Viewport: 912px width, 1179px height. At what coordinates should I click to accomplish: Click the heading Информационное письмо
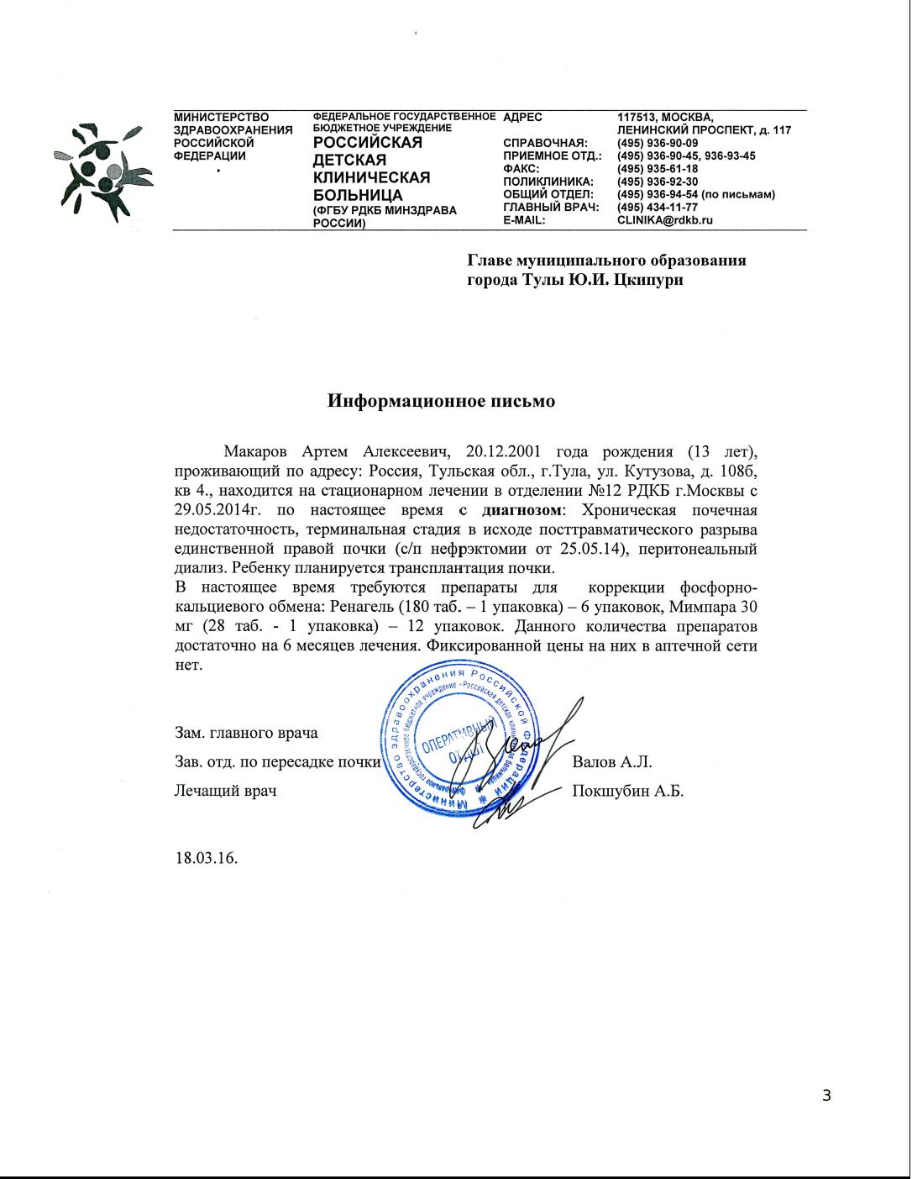pos(441,401)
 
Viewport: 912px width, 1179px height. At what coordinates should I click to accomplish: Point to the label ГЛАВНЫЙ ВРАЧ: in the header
pos(549,208)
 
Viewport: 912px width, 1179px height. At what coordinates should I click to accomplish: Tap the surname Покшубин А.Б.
pos(627,791)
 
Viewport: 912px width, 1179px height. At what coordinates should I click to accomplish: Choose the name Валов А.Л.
pos(612,762)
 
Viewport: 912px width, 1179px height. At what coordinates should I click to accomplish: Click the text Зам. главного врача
pos(246,733)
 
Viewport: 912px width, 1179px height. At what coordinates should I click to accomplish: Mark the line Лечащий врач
pos(225,791)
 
